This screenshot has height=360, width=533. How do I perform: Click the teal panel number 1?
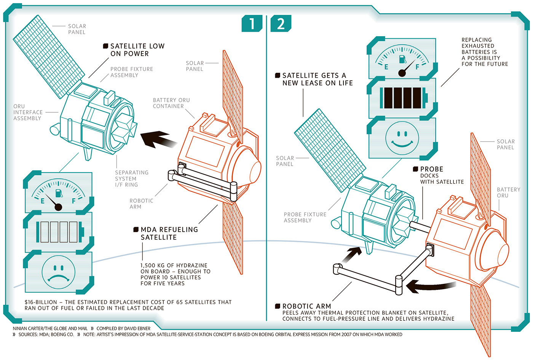click(x=252, y=24)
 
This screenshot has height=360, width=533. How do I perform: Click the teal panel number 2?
click(x=281, y=24)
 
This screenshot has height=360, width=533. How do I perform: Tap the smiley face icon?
click(x=402, y=138)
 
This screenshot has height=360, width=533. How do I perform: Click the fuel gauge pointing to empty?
click(x=58, y=194)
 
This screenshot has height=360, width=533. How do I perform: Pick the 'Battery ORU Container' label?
click(x=171, y=103)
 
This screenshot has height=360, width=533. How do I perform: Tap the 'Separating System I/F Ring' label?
click(x=131, y=178)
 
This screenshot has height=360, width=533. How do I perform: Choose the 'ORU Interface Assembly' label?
click(x=28, y=112)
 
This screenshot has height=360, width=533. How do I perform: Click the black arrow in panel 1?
click(x=157, y=139)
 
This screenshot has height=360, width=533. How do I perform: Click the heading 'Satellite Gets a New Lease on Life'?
click(x=317, y=79)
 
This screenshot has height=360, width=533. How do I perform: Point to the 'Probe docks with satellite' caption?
click(x=442, y=176)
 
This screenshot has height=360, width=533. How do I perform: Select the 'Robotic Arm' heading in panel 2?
click(x=306, y=306)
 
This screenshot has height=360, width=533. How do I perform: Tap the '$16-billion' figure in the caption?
click(x=40, y=302)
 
